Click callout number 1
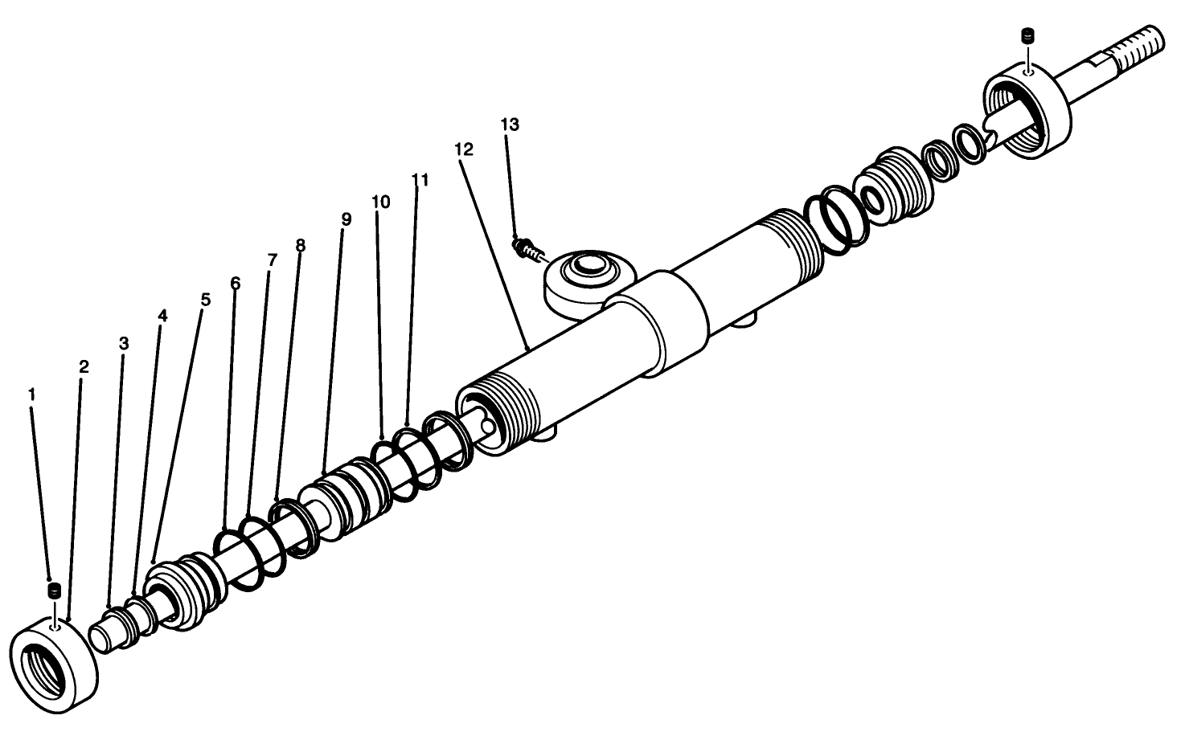click(x=31, y=395)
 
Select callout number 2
click(x=84, y=367)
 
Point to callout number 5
click(x=205, y=300)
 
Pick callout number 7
click(x=272, y=260)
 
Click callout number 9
click(x=346, y=219)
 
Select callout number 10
click(x=380, y=202)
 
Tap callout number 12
click(x=463, y=149)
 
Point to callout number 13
click(x=510, y=125)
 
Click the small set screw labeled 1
click(x=55, y=591)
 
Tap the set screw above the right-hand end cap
click(x=1026, y=36)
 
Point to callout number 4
click(x=162, y=317)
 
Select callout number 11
click(x=420, y=180)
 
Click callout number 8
click(x=300, y=246)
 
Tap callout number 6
click(x=235, y=283)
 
